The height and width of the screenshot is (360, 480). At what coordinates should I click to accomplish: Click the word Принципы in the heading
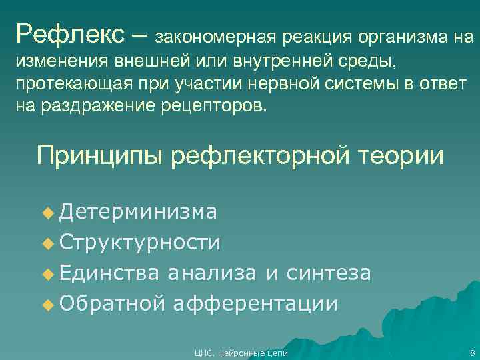point(99,156)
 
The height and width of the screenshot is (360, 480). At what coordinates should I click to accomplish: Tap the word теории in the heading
point(401,156)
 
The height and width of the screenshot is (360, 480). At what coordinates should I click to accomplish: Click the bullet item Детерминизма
point(137,212)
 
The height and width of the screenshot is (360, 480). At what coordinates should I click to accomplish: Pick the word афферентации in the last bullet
point(255,304)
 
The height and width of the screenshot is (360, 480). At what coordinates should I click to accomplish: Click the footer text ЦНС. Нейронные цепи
point(240,353)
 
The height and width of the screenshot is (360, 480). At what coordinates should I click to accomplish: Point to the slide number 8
point(471,353)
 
